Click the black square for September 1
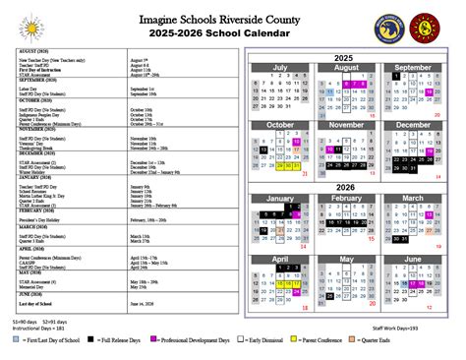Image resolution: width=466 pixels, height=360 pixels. tap(395, 75)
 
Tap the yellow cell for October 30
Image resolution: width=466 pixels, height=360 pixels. tap(288, 167)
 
